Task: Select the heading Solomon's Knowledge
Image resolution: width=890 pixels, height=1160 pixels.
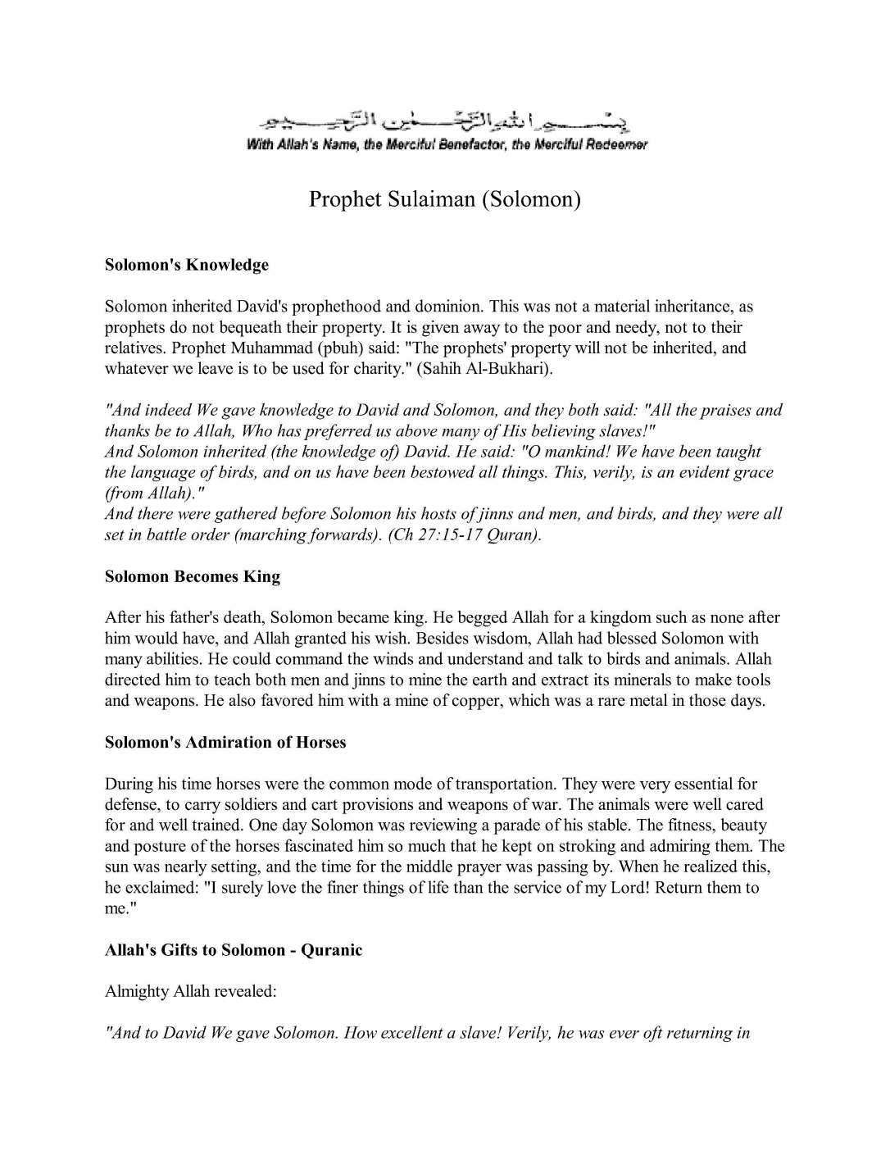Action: click(187, 265)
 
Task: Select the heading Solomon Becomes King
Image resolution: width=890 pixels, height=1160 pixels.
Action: click(193, 576)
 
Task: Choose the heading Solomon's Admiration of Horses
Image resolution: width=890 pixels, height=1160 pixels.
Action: click(225, 742)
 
